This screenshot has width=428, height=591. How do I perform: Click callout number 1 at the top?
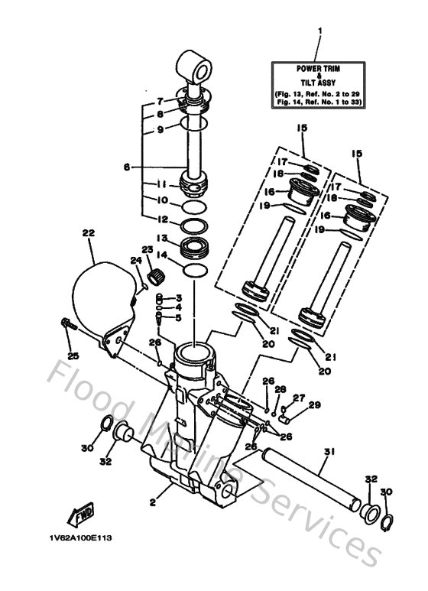(320, 31)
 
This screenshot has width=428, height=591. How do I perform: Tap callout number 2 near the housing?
(152, 502)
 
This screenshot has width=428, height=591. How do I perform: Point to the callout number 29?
(315, 404)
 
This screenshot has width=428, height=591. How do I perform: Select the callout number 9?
(160, 130)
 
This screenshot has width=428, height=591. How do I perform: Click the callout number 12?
(160, 219)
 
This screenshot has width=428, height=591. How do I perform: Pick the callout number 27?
(299, 397)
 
